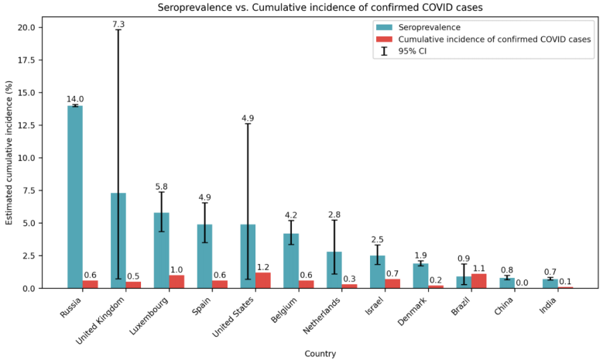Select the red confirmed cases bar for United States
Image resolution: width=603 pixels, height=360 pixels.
coord(262,280)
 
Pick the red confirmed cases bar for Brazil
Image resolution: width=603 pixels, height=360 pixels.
coord(478,281)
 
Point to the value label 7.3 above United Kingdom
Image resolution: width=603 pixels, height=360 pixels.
coord(118,25)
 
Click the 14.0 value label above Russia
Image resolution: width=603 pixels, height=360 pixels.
coord(75,100)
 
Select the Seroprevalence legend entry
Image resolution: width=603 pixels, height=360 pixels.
coord(430,26)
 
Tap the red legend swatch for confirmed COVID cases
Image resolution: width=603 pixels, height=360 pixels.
coord(385,39)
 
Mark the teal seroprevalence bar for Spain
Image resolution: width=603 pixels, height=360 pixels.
coord(204,256)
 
